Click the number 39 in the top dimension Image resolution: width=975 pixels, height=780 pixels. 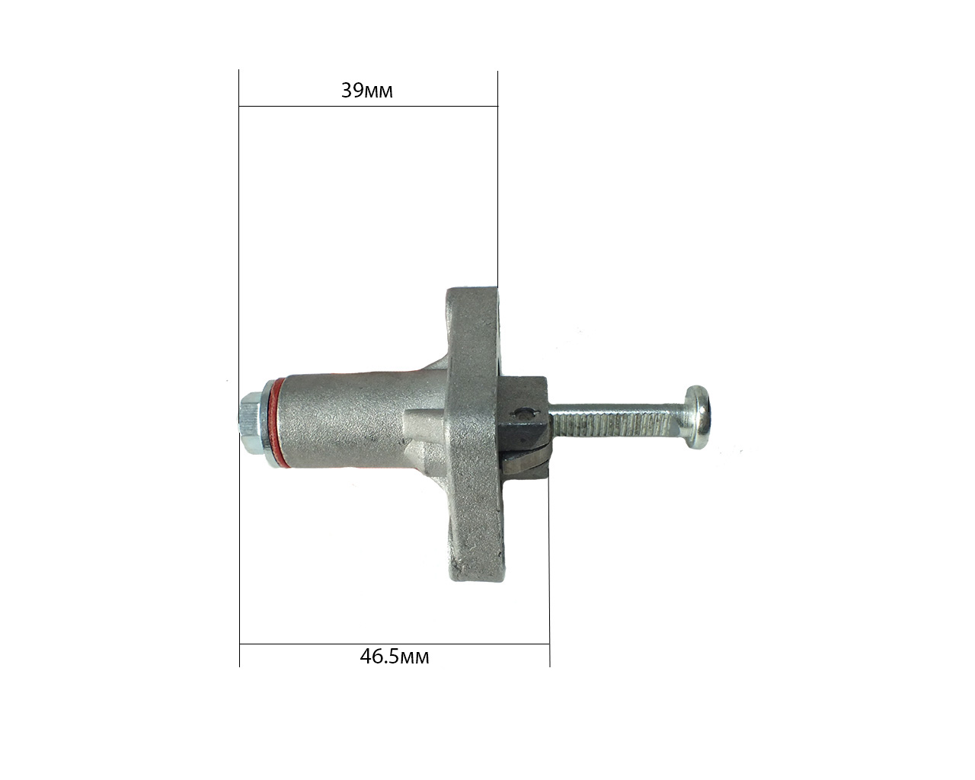pyautogui.click(x=353, y=90)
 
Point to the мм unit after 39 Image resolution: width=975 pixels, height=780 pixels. pyautogui.click(x=379, y=92)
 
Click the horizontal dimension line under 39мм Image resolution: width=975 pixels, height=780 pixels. pyautogui.click(x=369, y=107)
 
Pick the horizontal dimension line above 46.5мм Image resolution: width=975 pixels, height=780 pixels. pyautogui.click(x=394, y=644)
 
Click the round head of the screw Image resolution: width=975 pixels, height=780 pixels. pyautogui.click(x=698, y=417)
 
